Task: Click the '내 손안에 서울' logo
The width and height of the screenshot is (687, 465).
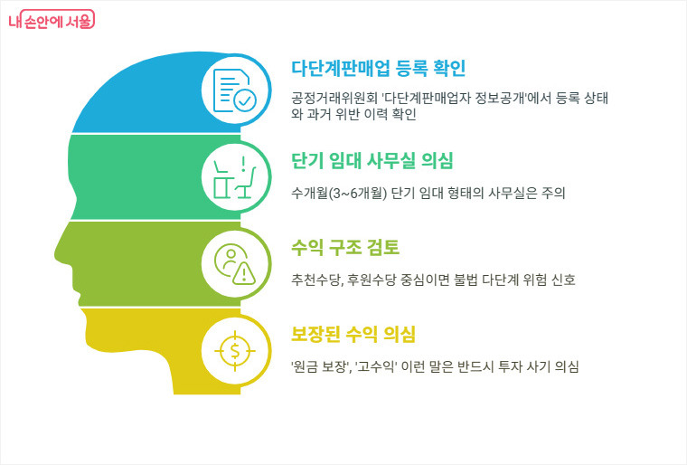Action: click(56, 21)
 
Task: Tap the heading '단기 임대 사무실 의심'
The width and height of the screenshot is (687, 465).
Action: click(372, 160)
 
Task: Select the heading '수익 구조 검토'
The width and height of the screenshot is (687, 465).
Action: click(344, 247)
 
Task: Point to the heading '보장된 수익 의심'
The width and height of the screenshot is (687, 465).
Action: click(353, 334)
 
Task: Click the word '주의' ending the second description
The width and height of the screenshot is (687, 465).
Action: click(552, 194)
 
